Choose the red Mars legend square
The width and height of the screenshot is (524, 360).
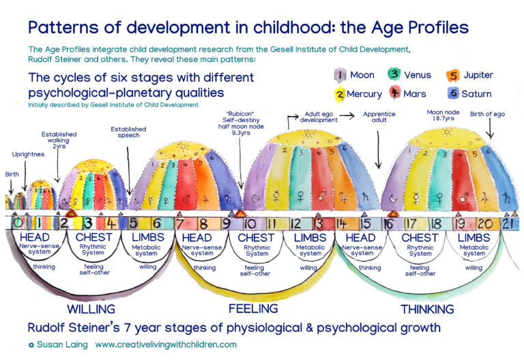[x=394, y=94]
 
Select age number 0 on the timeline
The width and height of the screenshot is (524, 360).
[x=19, y=222]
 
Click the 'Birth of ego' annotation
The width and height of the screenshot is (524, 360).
[x=485, y=114]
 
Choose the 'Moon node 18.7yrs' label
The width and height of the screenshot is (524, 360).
[x=445, y=115]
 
